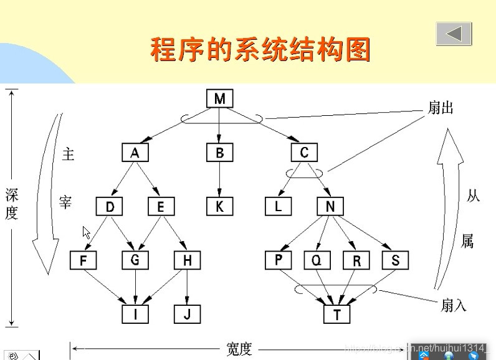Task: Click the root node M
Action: (x=219, y=99)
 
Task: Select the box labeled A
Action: (x=135, y=153)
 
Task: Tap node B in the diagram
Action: (x=219, y=153)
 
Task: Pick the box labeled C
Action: (x=304, y=153)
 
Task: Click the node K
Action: (x=219, y=207)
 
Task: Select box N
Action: (x=330, y=207)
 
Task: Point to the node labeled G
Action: (x=135, y=260)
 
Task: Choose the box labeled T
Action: (x=337, y=314)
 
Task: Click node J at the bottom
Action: (x=187, y=314)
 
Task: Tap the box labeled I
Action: (x=135, y=314)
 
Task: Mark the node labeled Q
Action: (x=317, y=260)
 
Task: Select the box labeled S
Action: (x=395, y=260)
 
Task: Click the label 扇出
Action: (x=440, y=108)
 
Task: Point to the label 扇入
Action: (x=453, y=305)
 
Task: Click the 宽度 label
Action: (x=239, y=349)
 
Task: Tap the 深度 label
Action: (x=12, y=204)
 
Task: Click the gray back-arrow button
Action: (x=454, y=34)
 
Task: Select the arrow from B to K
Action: (x=219, y=179)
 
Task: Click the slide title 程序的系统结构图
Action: (x=260, y=49)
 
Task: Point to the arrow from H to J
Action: (x=187, y=287)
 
